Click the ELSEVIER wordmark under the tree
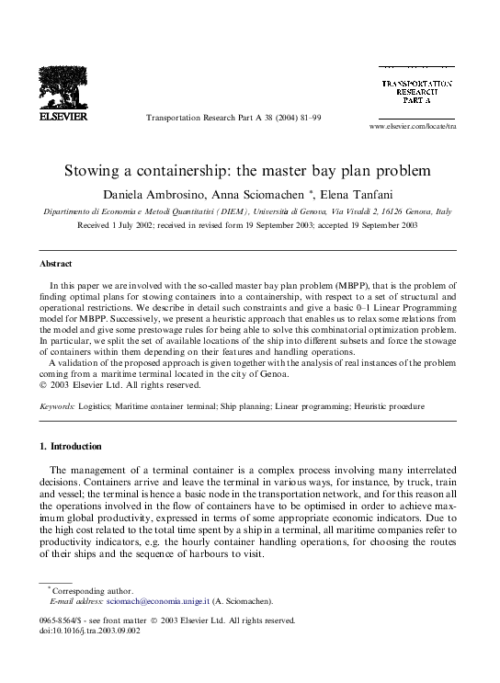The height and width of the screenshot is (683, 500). point(62,119)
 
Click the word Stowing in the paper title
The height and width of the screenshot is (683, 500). point(90,171)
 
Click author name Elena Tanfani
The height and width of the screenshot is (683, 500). point(357,193)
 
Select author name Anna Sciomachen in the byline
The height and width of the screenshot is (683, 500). point(266,193)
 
